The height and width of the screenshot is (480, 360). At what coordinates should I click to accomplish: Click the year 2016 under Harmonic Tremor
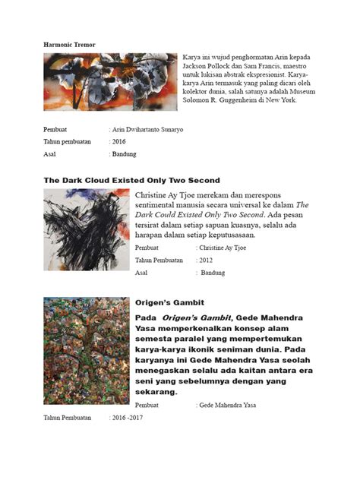pyautogui.click(x=119, y=141)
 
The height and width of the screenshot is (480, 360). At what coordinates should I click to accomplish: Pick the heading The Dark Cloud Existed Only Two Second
pyautogui.click(x=131, y=180)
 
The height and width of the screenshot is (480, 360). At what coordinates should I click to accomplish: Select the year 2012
pyautogui.click(x=207, y=260)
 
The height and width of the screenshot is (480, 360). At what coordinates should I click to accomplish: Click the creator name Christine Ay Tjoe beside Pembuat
pyautogui.click(x=222, y=248)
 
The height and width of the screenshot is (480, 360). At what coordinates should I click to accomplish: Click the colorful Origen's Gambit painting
pyautogui.click(x=86, y=351)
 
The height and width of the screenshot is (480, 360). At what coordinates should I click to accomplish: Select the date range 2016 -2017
pyautogui.click(x=126, y=418)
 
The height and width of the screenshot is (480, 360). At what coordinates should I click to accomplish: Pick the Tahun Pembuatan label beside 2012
pyautogui.click(x=159, y=260)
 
